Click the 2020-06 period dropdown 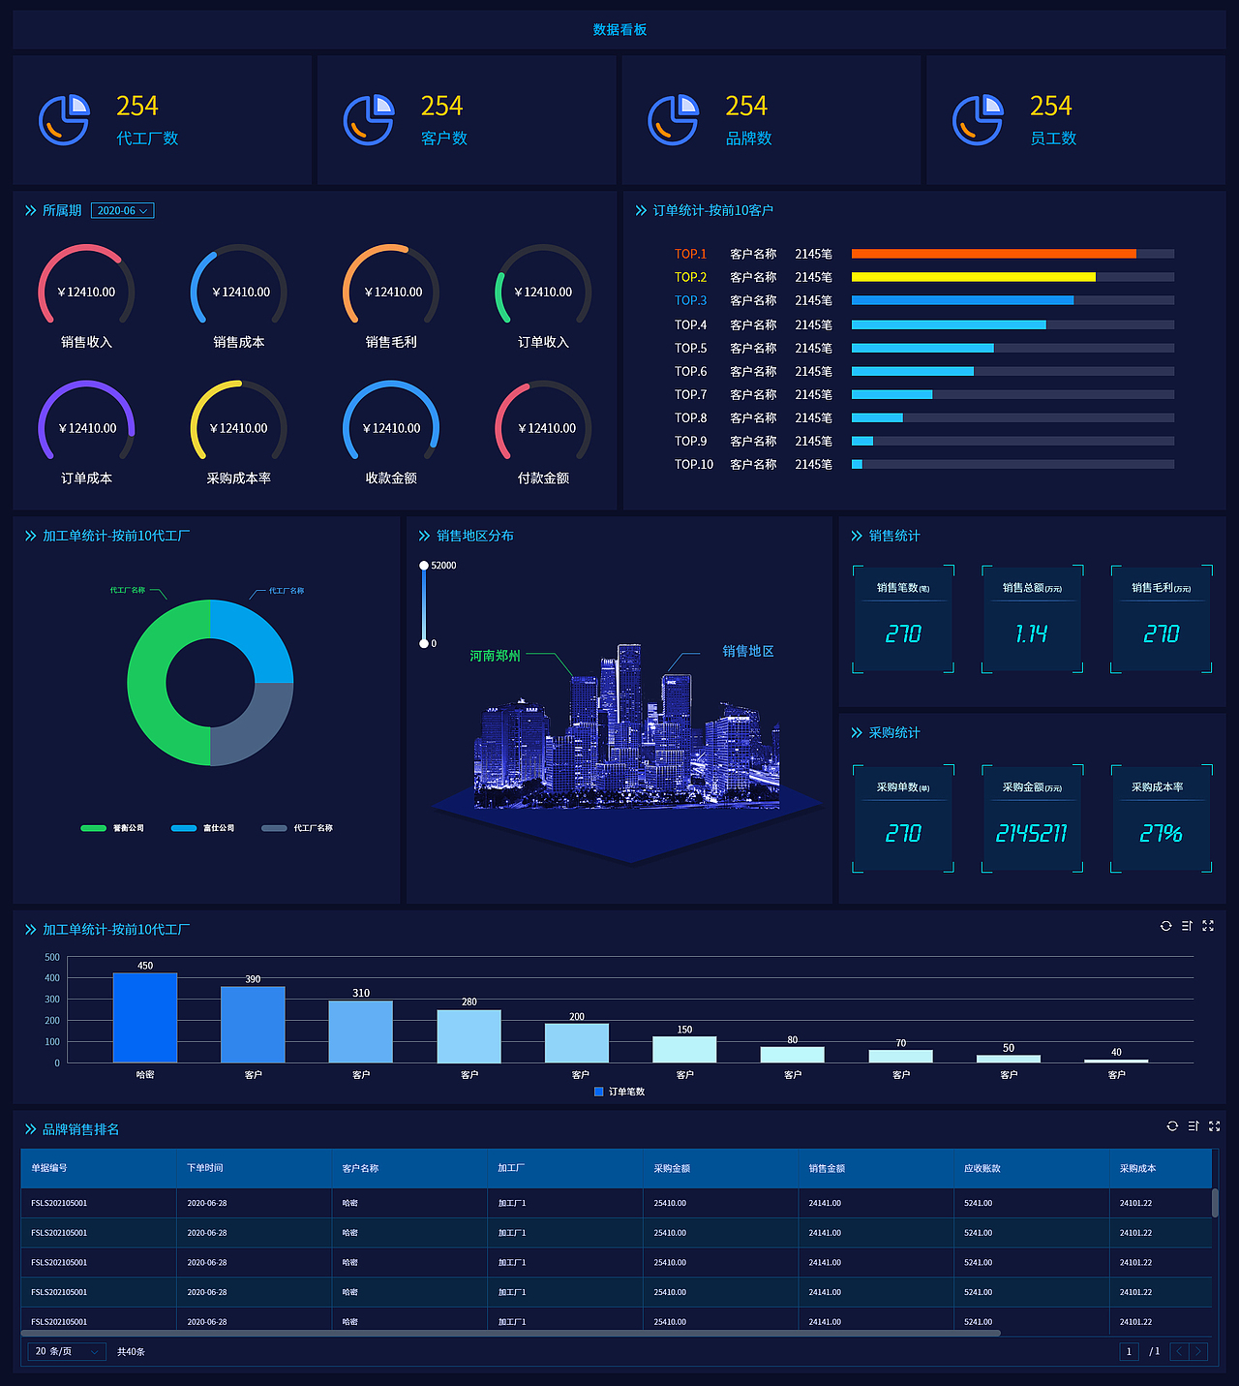[122, 211]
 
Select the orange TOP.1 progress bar [993, 254]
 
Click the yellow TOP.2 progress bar [973, 277]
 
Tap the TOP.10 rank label [693, 465]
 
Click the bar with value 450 [145, 1017]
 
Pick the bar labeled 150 [684, 1049]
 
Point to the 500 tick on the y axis [52, 957]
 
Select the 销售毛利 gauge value [393, 293]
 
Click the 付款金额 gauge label [543, 478]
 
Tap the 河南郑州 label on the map [495, 656]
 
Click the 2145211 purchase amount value [1032, 834]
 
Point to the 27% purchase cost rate [1161, 834]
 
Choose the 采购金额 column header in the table [672, 1168]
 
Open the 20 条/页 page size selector [66, 1351]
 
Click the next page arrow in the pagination [1198, 1351]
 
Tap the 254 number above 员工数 [1050, 106]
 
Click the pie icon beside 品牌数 [673, 120]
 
